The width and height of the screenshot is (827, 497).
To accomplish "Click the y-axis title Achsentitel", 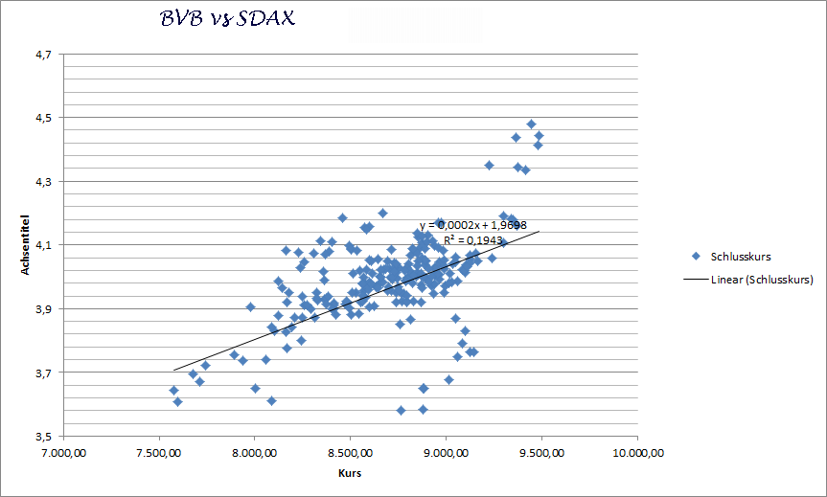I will (x=28, y=245).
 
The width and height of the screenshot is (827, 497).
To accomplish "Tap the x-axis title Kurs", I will (x=350, y=473).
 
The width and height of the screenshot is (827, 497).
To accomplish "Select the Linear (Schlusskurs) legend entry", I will (x=762, y=280).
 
